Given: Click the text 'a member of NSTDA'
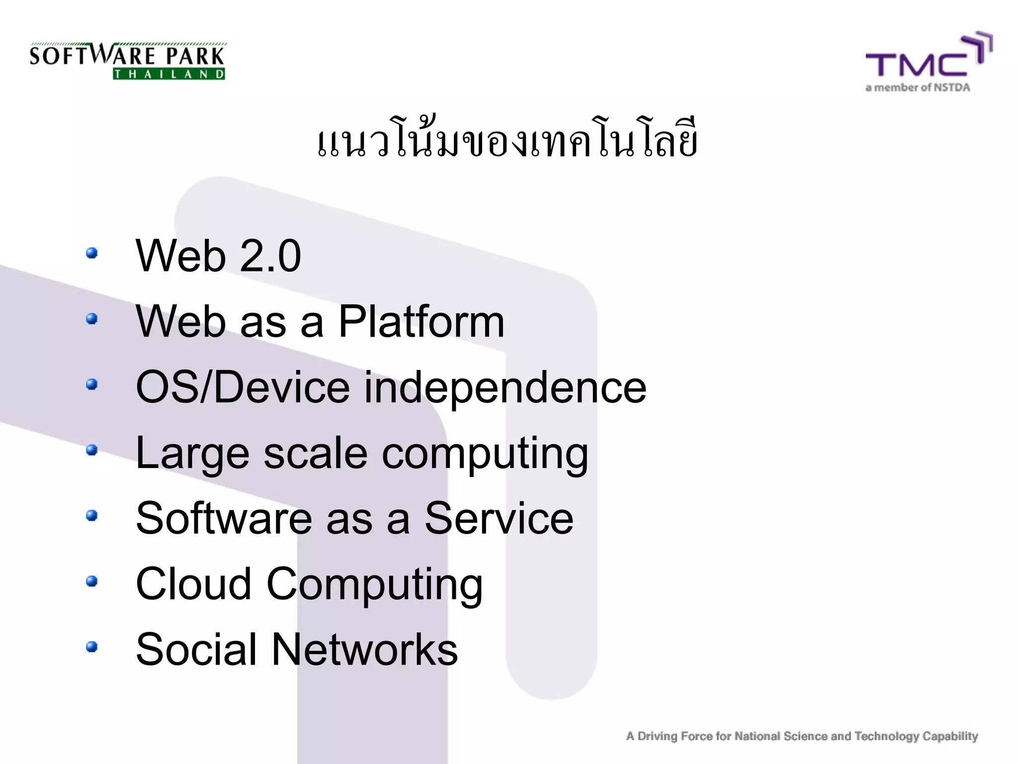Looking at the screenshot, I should point(918,88).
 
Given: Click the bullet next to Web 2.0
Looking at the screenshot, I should point(91,253).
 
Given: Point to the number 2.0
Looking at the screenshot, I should point(270,256).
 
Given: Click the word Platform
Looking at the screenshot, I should point(421,322).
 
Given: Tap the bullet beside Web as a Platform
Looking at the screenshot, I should point(91,319).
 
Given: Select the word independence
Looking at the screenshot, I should point(505,388).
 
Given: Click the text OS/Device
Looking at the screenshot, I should point(243,387).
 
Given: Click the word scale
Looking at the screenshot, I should point(315,453).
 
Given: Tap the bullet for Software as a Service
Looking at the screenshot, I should point(91,515).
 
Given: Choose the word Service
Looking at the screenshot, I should point(499,519).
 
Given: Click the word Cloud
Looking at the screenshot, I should point(193,584).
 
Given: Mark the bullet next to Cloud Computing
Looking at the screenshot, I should point(91,581).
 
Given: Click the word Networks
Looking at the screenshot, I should point(364,650).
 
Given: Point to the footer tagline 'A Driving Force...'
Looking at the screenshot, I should point(802,736).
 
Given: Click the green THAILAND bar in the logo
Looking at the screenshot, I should point(169,75).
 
